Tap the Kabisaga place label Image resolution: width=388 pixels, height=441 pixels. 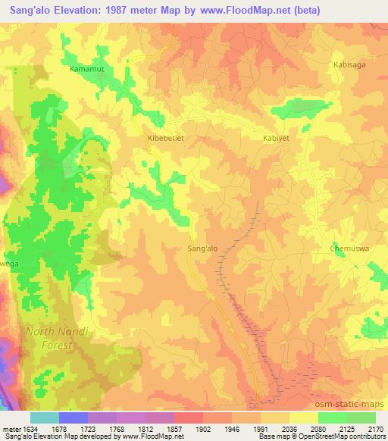pos(349,65)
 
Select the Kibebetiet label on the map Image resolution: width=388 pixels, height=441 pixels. pos(165,139)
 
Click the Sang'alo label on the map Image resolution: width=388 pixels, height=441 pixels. pos(202,248)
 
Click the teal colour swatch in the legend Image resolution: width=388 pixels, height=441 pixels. pos(44,418)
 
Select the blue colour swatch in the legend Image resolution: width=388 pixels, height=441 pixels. pos(74,418)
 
